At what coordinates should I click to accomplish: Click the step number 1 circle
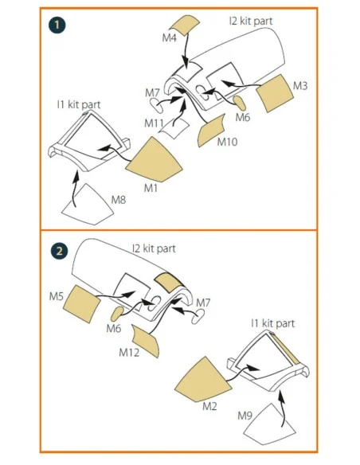pos(57,25)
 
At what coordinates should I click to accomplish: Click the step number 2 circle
pos(59,251)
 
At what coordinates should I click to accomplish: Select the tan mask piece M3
pos(274,93)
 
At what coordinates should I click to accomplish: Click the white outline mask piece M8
pos(88,205)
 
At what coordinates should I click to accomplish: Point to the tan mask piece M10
pos(211,131)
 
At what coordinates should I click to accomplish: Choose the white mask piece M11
pos(174,128)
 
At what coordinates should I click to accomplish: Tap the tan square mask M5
pos(82,304)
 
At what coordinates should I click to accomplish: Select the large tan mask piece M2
pos(203,381)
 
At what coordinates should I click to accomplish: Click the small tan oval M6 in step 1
pos(240,103)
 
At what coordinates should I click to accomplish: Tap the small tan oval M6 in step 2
pos(117,314)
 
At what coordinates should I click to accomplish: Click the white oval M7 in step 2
pos(198,316)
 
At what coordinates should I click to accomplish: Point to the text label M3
pos(300,86)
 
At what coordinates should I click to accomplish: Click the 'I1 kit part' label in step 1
pos(79,104)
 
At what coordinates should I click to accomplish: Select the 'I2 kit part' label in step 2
pos(154,248)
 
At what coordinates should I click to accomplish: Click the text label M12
pos(129,353)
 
